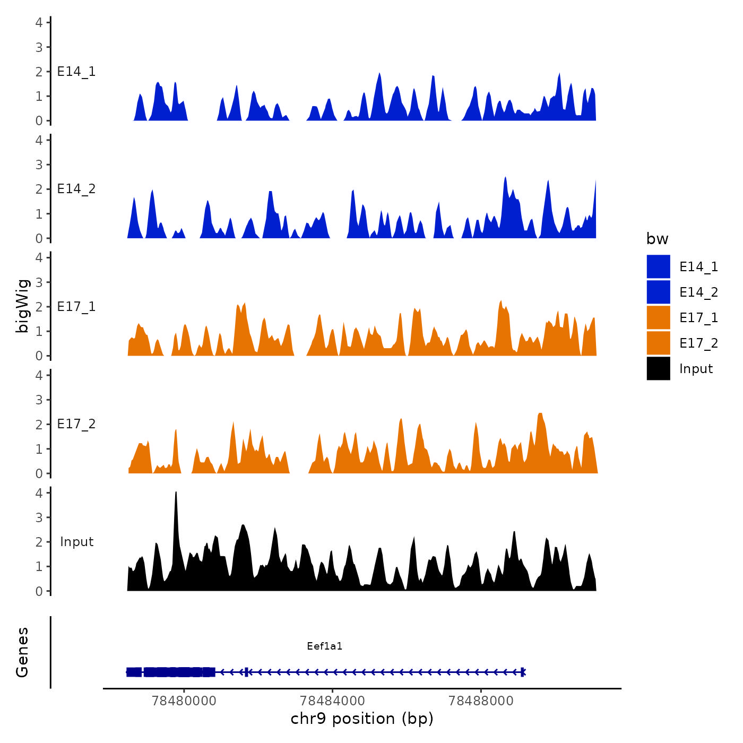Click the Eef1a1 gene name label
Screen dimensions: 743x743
pos(324,646)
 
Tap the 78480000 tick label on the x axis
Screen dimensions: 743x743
pos(184,701)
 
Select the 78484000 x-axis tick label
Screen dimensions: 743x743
pos(332,701)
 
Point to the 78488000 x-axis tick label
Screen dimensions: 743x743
pos(481,701)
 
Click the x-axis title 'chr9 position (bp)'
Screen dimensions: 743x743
pos(362,719)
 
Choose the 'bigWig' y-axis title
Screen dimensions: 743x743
pos(22,306)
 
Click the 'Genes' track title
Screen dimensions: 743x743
pos(22,652)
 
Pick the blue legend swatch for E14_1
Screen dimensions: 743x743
pos(658,266)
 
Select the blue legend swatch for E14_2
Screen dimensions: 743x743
pos(658,292)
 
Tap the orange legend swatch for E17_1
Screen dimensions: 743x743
pos(658,317)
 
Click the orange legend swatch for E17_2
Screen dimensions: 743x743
pos(658,343)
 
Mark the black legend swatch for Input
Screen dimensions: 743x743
pos(658,368)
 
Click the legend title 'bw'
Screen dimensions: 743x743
pos(657,239)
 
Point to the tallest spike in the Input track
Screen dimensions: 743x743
pos(176,494)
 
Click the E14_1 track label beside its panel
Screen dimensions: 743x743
pos(76,72)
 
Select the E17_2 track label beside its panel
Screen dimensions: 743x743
pos(76,424)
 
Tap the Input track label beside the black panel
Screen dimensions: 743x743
pos(76,542)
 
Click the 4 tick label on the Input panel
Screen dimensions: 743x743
pos(39,493)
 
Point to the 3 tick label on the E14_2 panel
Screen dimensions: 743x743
pos(39,165)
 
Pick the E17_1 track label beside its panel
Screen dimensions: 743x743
pos(76,307)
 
